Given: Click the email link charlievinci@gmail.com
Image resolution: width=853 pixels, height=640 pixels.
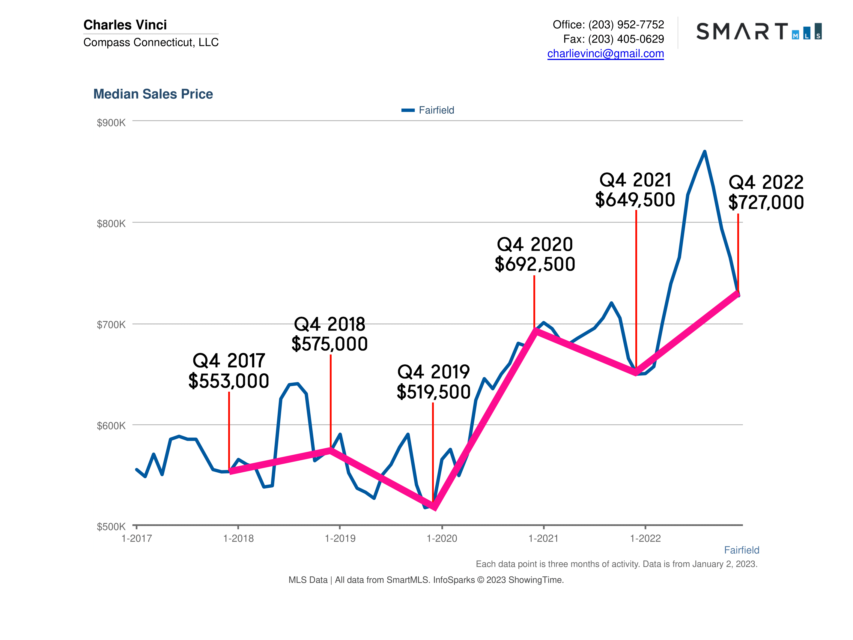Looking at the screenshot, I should (605, 53).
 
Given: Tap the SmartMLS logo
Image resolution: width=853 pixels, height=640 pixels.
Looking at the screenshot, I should (759, 31).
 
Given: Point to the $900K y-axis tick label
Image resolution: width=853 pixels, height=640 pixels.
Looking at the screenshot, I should (111, 123).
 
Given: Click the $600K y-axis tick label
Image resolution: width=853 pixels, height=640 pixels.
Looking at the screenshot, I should (111, 426).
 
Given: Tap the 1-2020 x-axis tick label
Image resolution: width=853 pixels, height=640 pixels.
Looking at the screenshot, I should (442, 539).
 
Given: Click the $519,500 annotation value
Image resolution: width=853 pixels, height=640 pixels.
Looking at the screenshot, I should (434, 392).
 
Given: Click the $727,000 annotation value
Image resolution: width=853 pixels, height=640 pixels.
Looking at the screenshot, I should (766, 202).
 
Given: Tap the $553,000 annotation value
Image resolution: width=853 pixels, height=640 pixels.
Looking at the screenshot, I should (229, 381).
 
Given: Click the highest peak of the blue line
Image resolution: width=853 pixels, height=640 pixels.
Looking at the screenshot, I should (705, 152).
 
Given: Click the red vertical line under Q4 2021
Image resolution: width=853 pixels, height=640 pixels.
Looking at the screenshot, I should (636, 289).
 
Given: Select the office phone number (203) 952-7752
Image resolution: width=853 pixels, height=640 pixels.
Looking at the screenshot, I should (626, 25).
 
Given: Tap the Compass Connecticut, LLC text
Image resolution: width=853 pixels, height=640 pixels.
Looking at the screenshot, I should (151, 42).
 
